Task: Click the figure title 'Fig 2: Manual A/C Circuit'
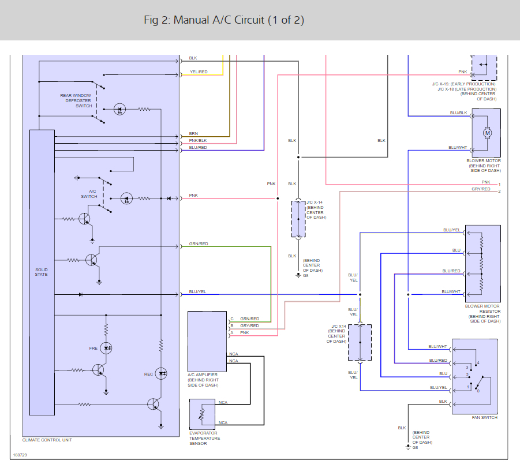click(224, 20)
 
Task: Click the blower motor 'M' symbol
click(487, 133)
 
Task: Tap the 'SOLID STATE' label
click(42, 272)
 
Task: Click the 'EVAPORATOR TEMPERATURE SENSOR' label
click(205, 438)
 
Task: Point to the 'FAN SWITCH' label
click(485, 417)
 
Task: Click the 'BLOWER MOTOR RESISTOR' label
click(482, 312)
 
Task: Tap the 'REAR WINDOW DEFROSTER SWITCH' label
click(76, 100)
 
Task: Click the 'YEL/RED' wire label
click(199, 72)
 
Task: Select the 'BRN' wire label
click(193, 133)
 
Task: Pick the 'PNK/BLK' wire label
click(198, 140)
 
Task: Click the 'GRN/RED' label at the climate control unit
click(199, 244)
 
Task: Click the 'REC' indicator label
click(148, 374)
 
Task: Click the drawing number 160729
click(20, 455)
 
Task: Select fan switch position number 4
click(478, 362)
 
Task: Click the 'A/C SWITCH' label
click(89, 194)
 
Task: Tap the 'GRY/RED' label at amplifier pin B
click(249, 325)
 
